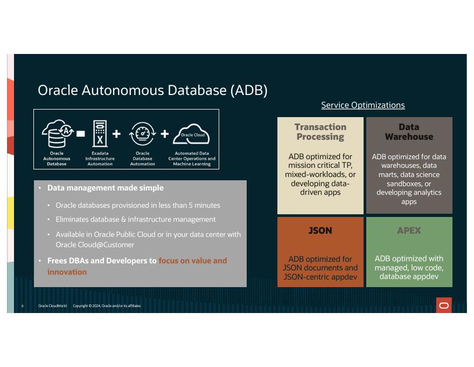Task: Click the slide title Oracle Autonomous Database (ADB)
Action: point(152,90)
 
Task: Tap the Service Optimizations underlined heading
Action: point(363,105)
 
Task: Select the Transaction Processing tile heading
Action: point(320,132)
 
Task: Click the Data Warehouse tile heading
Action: point(409,132)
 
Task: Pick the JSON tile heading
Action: point(320,230)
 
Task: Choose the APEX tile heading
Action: point(409,230)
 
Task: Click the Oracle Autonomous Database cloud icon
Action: point(58,133)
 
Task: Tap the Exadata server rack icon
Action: point(100,133)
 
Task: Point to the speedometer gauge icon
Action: point(142,133)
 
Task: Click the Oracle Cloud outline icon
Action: point(191,134)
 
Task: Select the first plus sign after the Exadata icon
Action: point(116,134)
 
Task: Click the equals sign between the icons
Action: point(81,133)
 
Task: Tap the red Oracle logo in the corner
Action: point(444,305)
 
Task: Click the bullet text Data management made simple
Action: point(105,188)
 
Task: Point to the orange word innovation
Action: point(67,272)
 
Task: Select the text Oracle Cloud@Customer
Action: point(95,244)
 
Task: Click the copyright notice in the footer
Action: point(107,306)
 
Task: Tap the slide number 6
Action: point(23,306)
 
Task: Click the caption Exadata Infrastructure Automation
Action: point(100,159)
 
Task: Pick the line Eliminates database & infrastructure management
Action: point(135,219)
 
